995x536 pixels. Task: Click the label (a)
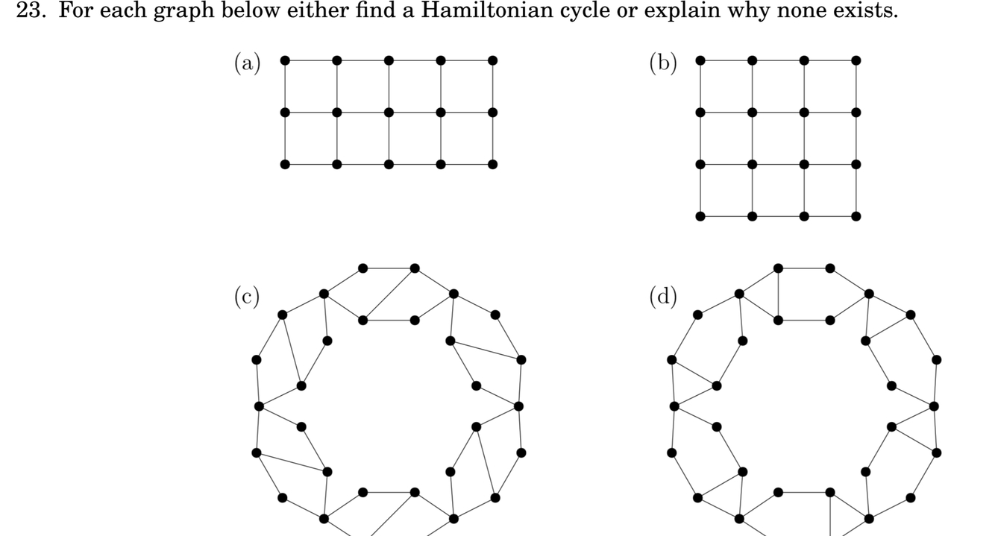pos(249,63)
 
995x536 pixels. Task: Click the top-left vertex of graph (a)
pos(285,60)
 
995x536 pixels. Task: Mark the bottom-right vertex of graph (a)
pos(492,164)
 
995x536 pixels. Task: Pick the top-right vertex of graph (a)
pos(492,60)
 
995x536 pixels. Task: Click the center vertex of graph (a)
pos(389,113)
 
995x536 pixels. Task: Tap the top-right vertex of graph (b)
pos(856,60)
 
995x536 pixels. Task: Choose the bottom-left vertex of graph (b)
pos(700,216)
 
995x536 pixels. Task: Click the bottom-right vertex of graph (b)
pos(856,216)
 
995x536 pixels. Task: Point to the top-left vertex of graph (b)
pos(700,60)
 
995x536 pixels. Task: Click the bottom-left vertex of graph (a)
pos(285,164)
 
